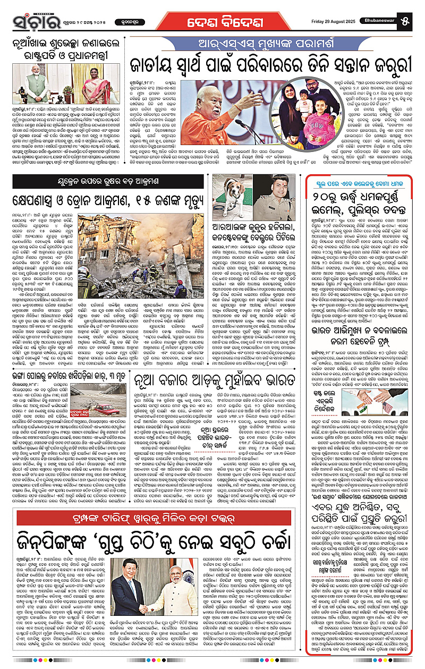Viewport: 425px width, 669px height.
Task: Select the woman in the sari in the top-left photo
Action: [x=97, y=85]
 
